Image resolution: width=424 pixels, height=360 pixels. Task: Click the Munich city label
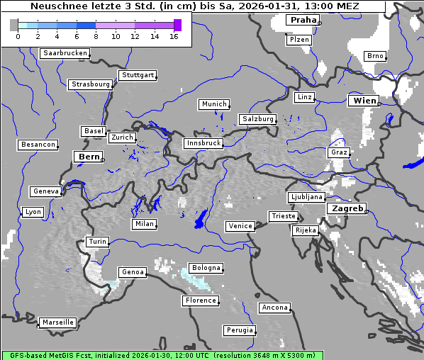[213, 104]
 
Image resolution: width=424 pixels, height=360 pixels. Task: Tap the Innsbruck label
[203, 143]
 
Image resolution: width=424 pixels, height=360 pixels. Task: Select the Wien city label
[364, 101]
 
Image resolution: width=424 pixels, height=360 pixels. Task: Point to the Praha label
[303, 20]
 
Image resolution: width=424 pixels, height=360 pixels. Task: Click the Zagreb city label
[346, 208]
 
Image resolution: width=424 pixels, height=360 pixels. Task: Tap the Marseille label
[58, 322]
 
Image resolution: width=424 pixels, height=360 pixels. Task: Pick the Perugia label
[239, 330]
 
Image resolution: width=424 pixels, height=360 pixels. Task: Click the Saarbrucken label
[65, 53]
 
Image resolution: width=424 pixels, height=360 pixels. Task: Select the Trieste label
[282, 216]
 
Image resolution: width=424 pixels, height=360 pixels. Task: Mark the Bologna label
[206, 268]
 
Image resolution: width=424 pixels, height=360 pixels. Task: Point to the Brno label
[375, 56]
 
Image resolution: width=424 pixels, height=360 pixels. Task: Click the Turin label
[98, 242]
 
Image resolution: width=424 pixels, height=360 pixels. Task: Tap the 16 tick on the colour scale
[174, 36]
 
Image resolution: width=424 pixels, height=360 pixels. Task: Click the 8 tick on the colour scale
[96, 36]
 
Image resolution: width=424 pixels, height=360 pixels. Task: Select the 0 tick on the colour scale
[18, 36]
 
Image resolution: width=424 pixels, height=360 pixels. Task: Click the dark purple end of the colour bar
[177, 25]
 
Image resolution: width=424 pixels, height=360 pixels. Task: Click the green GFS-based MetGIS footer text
[162, 355]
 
